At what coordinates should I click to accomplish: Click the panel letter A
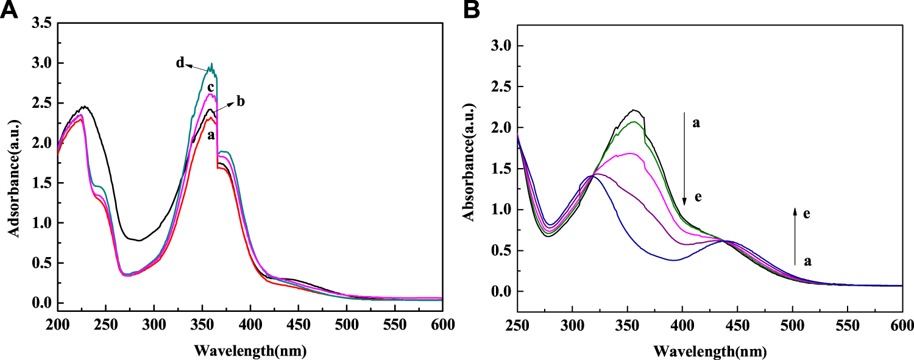9,10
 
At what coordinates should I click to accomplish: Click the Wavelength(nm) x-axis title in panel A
250,350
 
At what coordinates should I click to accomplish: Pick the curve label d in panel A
180,63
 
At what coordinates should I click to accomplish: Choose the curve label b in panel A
241,101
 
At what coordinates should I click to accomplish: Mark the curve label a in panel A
211,135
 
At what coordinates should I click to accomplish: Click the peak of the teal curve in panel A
211,65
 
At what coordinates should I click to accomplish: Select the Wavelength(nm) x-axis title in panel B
709,351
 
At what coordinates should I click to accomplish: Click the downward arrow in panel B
684,158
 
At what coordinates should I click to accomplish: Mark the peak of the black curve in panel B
634,110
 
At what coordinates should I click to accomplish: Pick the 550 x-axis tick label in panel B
847,323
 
